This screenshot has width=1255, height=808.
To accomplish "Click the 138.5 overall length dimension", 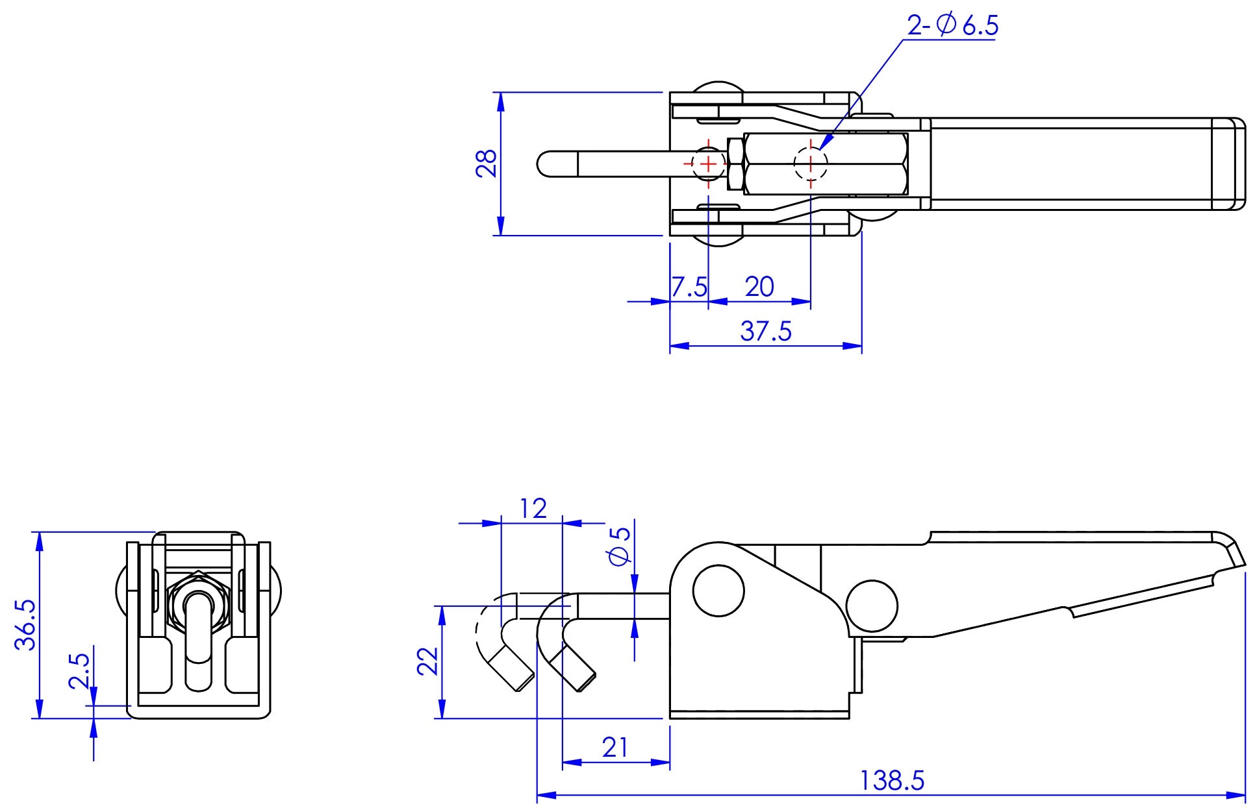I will (891, 780).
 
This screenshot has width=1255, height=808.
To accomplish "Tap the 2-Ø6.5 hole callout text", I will (952, 26).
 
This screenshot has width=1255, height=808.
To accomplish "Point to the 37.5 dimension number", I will (766, 331).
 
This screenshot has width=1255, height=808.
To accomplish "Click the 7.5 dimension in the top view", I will (689, 286).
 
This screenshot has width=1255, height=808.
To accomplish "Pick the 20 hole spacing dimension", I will (759, 286).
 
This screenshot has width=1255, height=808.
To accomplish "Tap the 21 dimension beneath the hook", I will (615, 748).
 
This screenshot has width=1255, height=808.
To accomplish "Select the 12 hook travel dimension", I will (533, 509).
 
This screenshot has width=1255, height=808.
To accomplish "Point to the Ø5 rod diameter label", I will (620, 546).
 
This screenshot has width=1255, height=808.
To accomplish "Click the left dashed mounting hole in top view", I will (708, 164).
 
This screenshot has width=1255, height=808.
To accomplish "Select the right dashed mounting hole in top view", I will (811, 164).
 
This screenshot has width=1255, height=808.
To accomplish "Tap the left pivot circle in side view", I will (718, 591).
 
